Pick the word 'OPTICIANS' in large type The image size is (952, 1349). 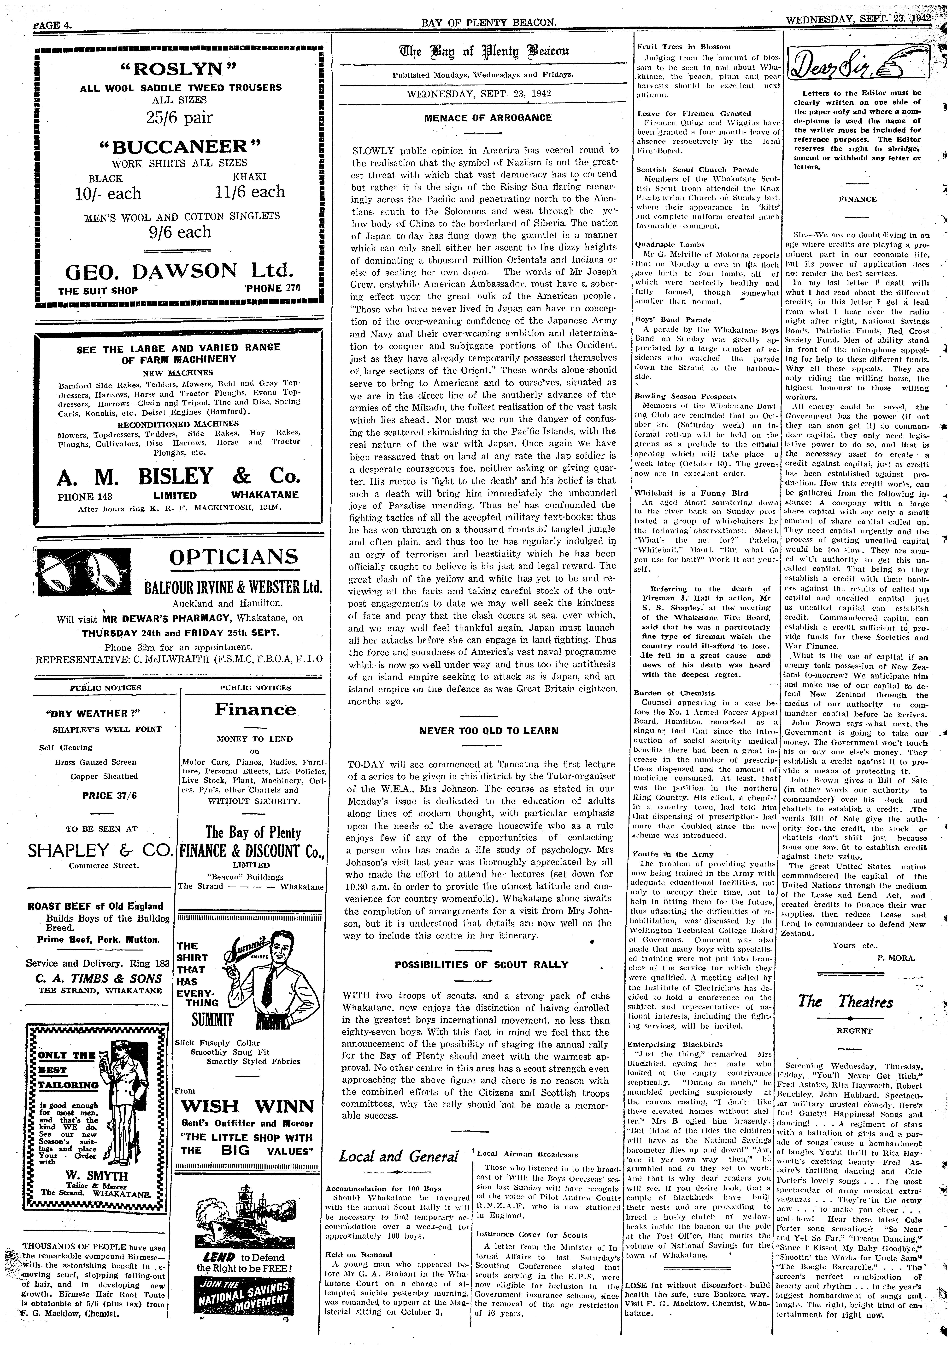[x=233, y=557]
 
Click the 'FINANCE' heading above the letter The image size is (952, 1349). [x=857, y=199]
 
